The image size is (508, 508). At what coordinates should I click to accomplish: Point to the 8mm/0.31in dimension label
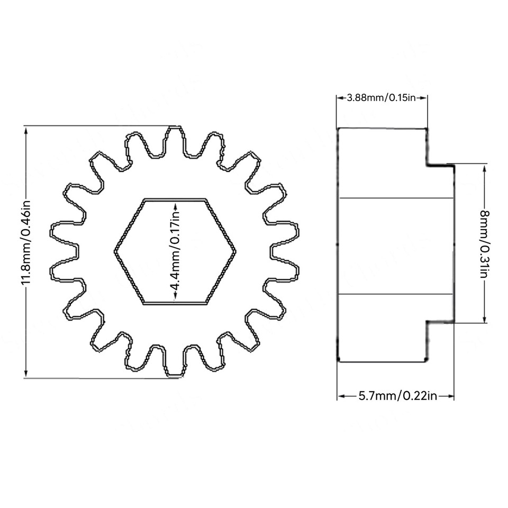(485, 244)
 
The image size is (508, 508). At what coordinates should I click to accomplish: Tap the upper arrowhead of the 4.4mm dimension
(175, 203)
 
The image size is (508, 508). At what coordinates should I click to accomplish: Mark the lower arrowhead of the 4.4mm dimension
(175, 300)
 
